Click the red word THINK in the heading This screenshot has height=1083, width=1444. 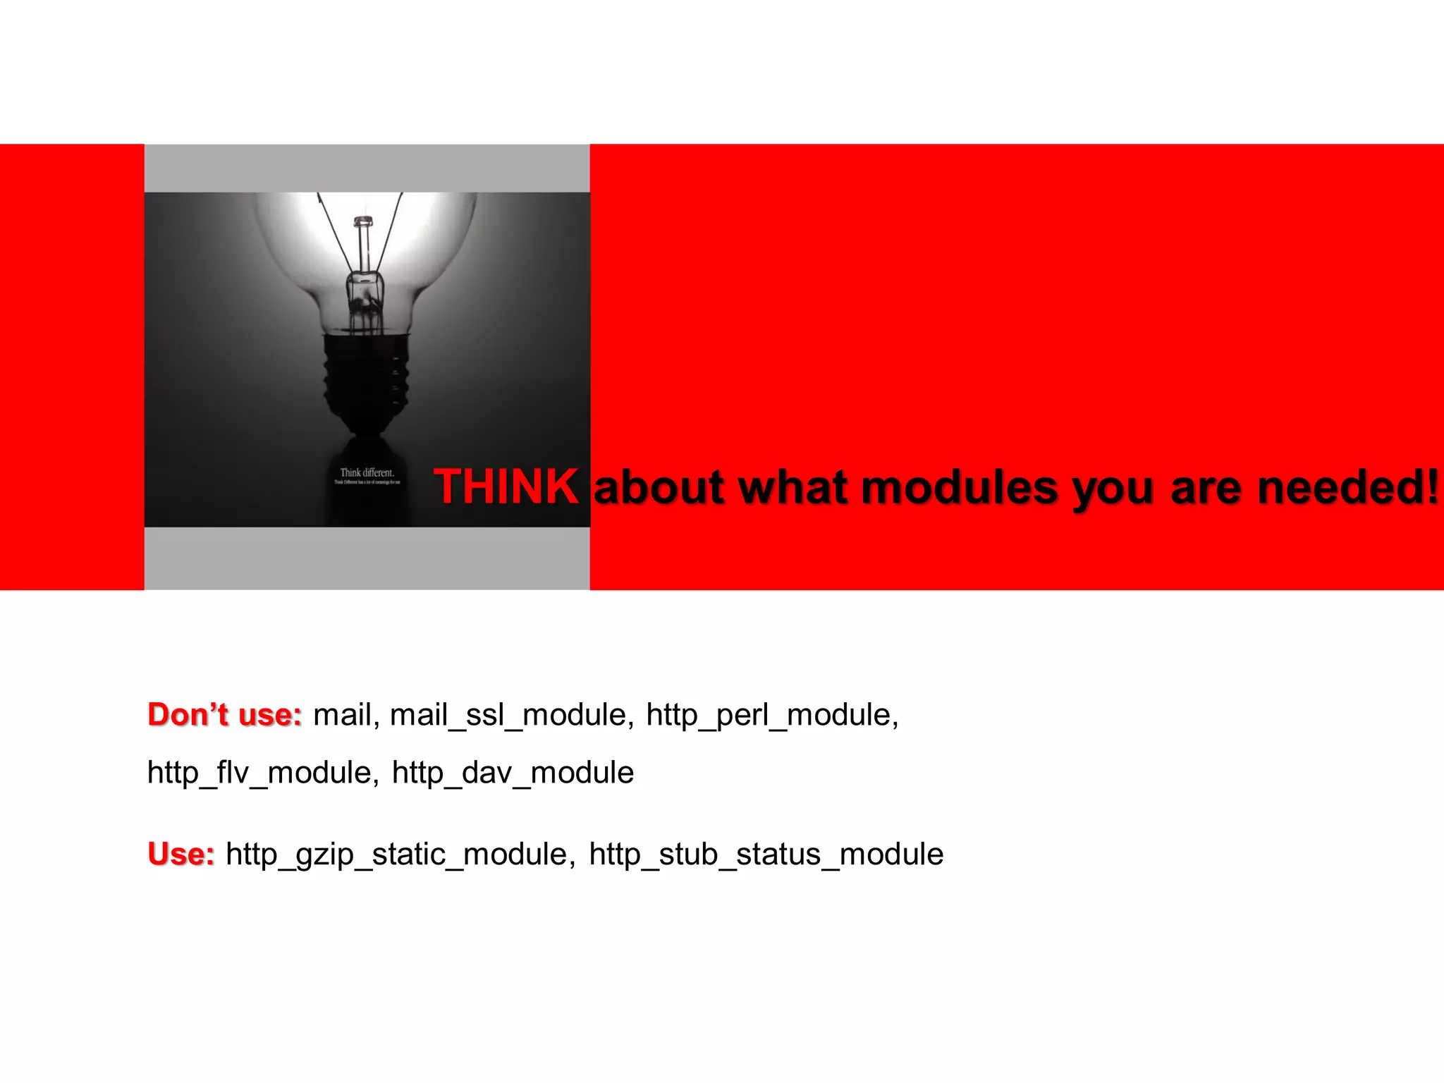506,487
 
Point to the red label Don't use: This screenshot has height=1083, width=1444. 225,715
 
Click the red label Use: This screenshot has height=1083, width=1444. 181,854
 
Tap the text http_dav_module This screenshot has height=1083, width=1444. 513,773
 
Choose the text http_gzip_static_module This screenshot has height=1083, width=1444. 396,855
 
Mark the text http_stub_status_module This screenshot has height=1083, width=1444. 766,855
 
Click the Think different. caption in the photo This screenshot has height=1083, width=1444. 367,472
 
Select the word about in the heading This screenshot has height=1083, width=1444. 659,488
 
